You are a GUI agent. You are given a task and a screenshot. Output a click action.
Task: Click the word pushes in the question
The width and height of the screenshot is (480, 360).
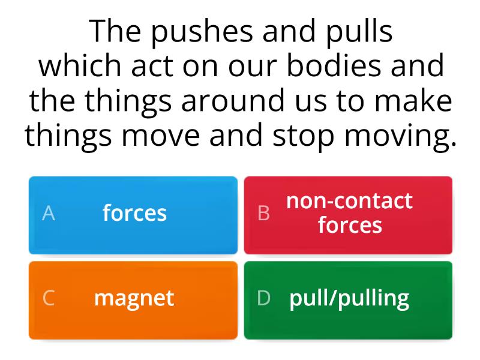202,33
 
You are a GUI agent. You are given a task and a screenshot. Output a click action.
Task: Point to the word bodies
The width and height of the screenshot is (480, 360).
334,65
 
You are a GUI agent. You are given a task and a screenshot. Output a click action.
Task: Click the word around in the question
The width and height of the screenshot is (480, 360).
233,100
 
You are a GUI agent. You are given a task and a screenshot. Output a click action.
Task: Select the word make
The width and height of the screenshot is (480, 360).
413,100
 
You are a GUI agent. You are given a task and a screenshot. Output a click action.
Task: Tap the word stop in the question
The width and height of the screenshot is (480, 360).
303,136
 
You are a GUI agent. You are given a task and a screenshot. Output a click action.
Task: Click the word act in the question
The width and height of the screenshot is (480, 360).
152,67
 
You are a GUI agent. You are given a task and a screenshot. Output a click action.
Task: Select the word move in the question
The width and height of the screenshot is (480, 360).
161,136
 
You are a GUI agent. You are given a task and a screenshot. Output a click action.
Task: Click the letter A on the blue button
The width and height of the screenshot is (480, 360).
49,213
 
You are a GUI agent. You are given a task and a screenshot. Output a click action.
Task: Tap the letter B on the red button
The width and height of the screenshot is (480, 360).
263,213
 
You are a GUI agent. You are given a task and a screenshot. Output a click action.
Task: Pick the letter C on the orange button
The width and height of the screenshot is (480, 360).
49,298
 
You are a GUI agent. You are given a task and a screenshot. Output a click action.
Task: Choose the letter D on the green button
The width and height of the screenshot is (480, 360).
263,298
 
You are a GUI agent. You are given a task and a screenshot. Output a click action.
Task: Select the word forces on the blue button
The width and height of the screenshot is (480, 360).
134,213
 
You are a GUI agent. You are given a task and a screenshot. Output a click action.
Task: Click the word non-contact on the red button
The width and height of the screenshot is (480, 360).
349,201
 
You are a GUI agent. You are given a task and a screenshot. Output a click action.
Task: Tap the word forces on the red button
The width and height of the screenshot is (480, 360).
350,225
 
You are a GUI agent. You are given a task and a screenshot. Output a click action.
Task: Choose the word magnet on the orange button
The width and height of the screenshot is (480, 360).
134,298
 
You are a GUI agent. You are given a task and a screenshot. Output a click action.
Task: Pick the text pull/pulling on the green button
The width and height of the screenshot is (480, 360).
349,298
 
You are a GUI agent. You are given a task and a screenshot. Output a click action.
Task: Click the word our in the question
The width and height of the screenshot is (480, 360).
252,67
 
